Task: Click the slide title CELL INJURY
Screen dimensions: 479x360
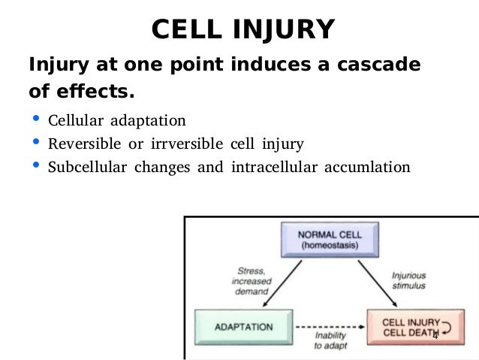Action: tap(242, 30)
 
